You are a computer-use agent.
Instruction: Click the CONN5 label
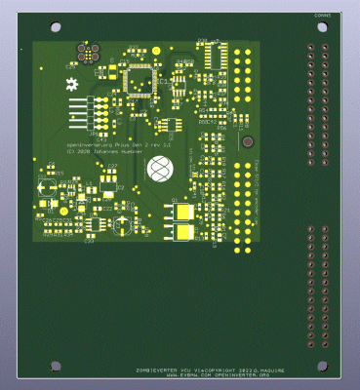(x=323, y=16)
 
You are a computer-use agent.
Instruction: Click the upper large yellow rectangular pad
(x=183, y=211)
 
